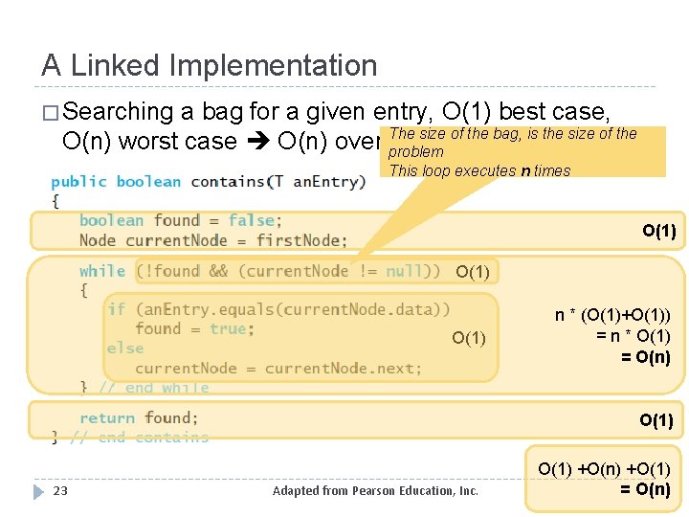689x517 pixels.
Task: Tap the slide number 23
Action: pos(60,491)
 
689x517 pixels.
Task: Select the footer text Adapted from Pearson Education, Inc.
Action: pos(375,491)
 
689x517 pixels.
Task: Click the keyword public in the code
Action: pos(78,182)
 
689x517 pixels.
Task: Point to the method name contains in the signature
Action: pos(228,182)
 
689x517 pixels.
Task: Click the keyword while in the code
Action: pos(102,271)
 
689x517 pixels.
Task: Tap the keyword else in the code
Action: pos(125,348)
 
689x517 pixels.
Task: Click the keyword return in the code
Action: pos(107,417)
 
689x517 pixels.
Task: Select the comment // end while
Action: pos(154,388)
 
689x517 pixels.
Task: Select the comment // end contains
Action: pos(140,438)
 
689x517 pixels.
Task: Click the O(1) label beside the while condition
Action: pos(473,272)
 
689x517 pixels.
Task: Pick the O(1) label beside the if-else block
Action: pos(469,338)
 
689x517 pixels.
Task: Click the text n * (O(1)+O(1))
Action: pos(612,316)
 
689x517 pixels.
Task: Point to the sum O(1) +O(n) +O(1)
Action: pos(604,469)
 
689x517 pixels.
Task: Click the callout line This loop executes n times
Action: pos(479,171)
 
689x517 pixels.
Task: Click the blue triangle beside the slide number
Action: pos(38,491)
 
